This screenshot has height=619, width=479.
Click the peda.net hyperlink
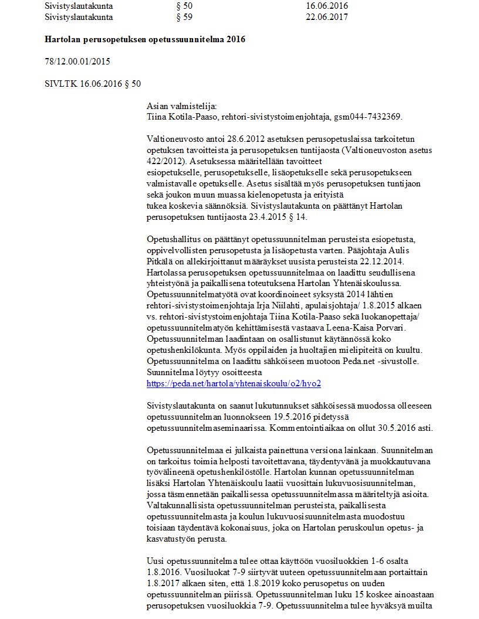coord(234,383)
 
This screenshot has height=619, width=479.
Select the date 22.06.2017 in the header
coord(326,17)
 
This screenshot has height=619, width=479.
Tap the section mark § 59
coord(184,17)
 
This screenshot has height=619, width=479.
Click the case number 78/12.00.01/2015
coord(77,62)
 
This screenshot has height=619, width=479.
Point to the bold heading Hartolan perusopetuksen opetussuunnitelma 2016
coord(145,39)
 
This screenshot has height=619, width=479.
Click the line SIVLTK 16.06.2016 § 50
coord(93,84)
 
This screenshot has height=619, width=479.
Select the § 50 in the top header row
coord(184,6)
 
